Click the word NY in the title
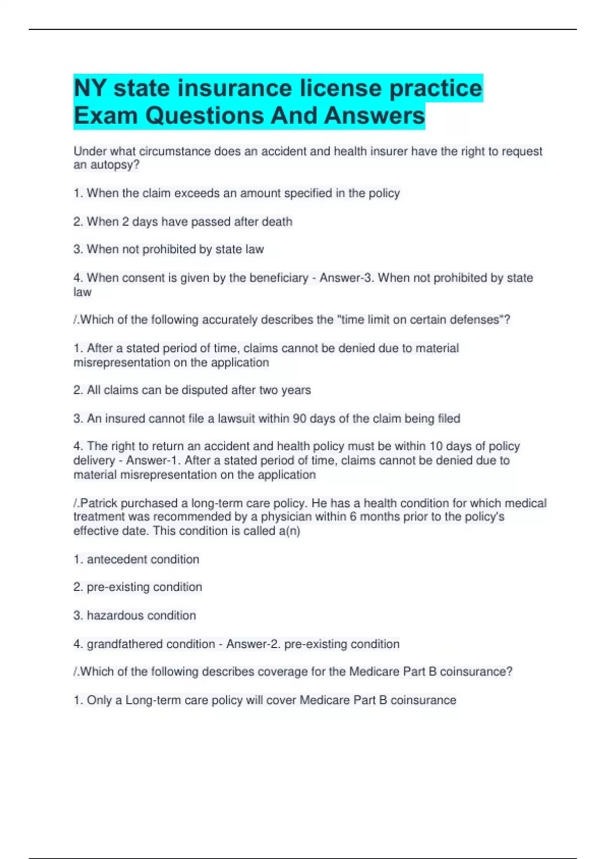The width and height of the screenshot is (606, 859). click(90, 88)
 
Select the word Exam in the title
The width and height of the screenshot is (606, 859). click(106, 116)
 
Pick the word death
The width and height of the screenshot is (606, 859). click(277, 221)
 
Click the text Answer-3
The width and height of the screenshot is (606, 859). click(347, 278)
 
